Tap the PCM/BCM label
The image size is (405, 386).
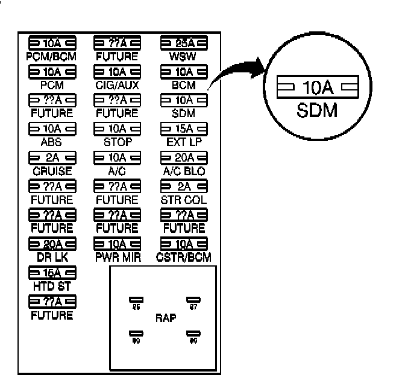tap(51, 57)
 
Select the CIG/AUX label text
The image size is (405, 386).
tap(117, 85)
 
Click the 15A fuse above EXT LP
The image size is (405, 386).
tap(183, 128)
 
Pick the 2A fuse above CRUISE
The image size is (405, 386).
tap(52, 157)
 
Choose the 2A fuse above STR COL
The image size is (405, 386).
tap(183, 185)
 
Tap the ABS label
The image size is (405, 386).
tap(51, 142)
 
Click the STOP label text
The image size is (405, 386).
tap(117, 142)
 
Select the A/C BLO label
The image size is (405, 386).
tap(183, 171)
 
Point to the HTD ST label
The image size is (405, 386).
tap(51, 285)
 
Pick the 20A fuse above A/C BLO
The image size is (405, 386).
tap(183, 157)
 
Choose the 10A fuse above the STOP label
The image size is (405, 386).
tap(118, 128)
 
